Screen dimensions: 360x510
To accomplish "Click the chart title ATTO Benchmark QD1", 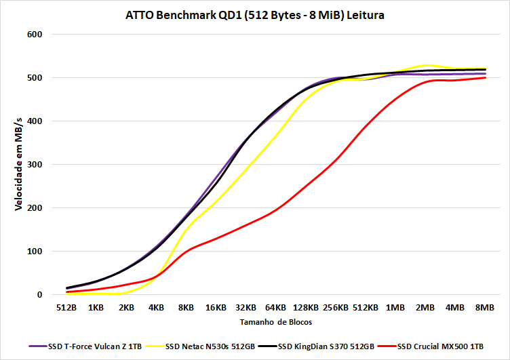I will pyautogui.click(x=254, y=15).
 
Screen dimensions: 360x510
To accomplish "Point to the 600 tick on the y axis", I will pyautogui.click(x=34, y=35).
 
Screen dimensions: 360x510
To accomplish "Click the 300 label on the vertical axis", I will pyautogui.click(x=34, y=165).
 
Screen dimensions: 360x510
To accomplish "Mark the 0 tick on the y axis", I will pyautogui.click(x=39, y=295).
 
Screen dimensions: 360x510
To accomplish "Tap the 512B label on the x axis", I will pyautogui.click(x=66, y=308).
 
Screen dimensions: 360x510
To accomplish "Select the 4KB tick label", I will pyautogui.click(x=156, y=308).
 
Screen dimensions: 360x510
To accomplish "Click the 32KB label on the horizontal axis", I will pyautogui.click(x=246, y=308).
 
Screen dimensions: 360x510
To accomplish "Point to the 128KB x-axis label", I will pyautogui.click(x=305, y=308).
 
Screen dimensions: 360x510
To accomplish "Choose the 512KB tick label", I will pyautogui.click(x=365, y=308).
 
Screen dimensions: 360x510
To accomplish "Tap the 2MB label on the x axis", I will pyautogui.click(x=425, y=308).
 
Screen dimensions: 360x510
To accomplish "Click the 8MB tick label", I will pyautogui.click(x=485, y=308).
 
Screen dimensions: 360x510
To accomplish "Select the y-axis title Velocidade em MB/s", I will pyautogui.click(x=18, y=163).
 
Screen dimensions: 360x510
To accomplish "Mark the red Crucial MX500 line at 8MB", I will pyautogui.click(x=485, y=78).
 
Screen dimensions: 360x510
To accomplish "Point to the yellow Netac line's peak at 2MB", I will pyautogui.click(x=425, y=65).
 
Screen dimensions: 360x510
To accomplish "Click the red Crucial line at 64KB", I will pyautogui.click(x=275, y=210).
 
